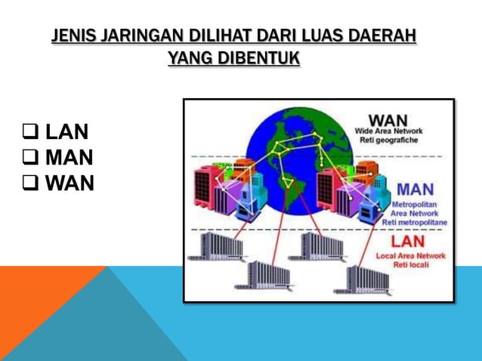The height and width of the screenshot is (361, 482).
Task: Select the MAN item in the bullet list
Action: point(70,159)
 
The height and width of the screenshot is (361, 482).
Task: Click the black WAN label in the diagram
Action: point(388,121)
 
